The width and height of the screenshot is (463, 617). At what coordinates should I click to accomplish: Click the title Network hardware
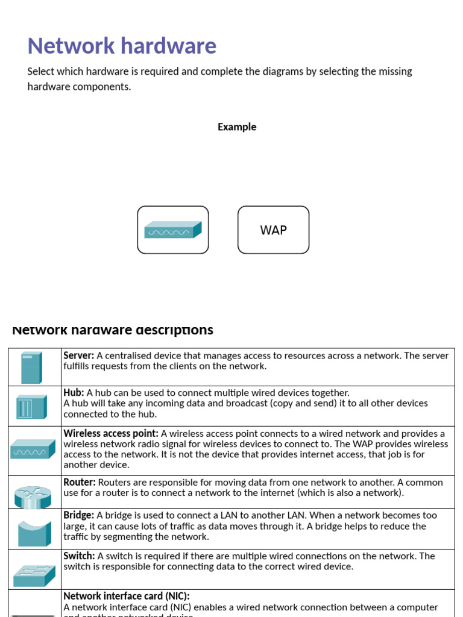tap(122, 46)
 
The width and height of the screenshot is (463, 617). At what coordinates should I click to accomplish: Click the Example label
tap(237, 127)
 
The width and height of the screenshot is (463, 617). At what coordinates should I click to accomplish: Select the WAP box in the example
tap(273, 230)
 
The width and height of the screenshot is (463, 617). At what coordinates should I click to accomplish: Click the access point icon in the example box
tap(172, 230)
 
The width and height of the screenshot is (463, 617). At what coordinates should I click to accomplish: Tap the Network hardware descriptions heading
tap(113, 330)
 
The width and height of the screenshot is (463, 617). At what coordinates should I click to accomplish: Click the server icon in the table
tap(31, 368)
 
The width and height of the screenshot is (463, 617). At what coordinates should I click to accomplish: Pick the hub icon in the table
tap(31, 407)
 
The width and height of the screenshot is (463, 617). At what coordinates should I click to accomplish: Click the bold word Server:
tap(78, 355)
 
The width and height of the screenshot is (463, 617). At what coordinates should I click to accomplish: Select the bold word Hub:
tap(74, 393)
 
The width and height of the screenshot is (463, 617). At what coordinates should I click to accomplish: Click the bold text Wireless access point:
tap(111, 434)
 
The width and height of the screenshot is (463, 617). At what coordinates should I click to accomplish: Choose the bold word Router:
tap(80, 483)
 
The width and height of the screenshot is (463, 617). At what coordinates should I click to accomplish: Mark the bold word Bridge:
tap(78, 516)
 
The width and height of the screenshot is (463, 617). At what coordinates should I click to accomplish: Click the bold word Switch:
tap(79, 556)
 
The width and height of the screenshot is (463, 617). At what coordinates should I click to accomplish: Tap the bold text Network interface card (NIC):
tap(127, 596)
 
